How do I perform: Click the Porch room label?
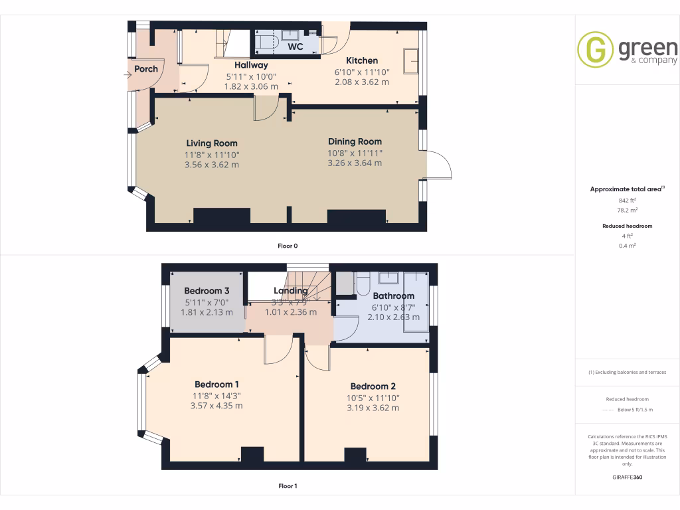pyautogui.click(x=146, y=69)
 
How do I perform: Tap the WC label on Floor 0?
pyautogui.click(x=296, y=47)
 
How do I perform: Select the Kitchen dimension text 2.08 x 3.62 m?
pyautogui.click(x=361, y=82)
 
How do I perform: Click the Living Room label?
pyautogui.click(x=211, y=143)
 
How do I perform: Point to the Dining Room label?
pyautogui.click(x=355, y=141)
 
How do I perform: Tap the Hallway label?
pyautogui.click(x=251, y=65)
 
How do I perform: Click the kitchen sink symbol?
pyautogui.click(x=411, y=59)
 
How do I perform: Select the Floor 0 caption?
pyautogui.click(x=288, y=246)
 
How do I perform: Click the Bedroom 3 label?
pyautogui.click(x=207, y=291)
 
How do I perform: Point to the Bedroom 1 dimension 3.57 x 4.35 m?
pyautogui.click(x=216, y=406)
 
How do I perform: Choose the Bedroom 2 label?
pyautogui.click(x=373, y=386)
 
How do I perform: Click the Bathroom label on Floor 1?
pyautogui.click(x=393, y=296)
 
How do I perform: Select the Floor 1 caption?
pyautogui.click(x=288, y=486)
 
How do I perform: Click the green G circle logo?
pyautogui.click(x=595, y=50)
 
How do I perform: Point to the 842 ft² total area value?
pyautogui.click(x=627, y=200)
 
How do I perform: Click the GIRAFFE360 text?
pyautogui.click(x=627, y=477)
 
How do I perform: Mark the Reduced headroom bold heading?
pyautogui.click(x=627, y=226)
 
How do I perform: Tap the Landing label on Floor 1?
pyautogui.click(x=291, y=291)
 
